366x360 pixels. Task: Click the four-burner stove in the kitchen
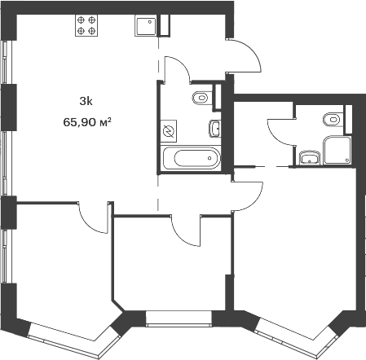tap(86, 25)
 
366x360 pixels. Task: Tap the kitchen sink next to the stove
tap(146, 25)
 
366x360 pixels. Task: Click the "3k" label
tap(86, 102)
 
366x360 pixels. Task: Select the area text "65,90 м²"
tap(87, 122)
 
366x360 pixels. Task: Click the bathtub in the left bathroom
tap(191, 158)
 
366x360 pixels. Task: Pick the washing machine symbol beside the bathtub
tap(169, 131)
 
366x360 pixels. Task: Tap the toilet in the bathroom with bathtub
tap(202, 98)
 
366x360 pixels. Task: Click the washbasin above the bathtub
tap(214, 129)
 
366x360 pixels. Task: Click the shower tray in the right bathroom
tap(337, 150)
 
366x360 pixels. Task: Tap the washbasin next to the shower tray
tap(310, 158)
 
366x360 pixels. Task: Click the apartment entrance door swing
tap(244, 55)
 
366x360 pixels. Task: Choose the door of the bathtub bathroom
tap(177, 69)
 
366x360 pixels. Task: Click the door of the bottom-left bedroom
tap(94, 217)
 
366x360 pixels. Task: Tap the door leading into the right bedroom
tap(248, 196)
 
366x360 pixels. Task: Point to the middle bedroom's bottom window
tap(179, 319)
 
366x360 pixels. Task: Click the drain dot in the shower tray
tap(347, 160)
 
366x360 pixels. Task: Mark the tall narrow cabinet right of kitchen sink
tap(165, 25)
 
